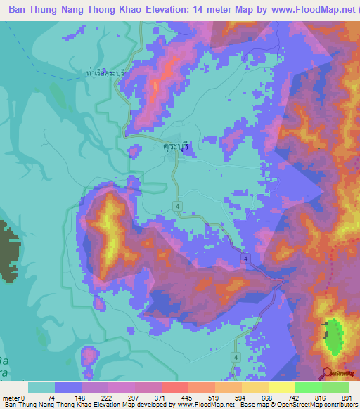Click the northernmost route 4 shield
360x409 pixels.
coord(179,205)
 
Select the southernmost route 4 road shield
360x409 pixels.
coord(236,357)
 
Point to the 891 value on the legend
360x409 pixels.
coord(346,398)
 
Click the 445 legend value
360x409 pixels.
coord(186,398)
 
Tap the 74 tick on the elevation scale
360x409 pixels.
coord(53,398)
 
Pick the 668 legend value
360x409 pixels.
coord(266,398)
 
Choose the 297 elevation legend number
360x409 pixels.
coord(133,398)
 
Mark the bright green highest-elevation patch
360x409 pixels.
coord(334,336)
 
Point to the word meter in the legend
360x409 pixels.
coord(12,398)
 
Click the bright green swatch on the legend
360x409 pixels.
coord(308,387)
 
